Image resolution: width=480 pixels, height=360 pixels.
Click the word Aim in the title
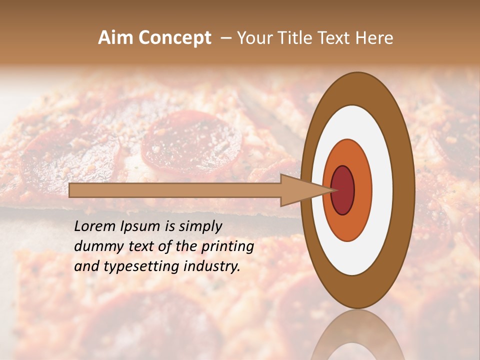point(114,38)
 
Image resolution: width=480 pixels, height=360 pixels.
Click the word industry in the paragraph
point(212,266)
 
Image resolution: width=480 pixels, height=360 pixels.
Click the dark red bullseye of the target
point(343,190)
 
